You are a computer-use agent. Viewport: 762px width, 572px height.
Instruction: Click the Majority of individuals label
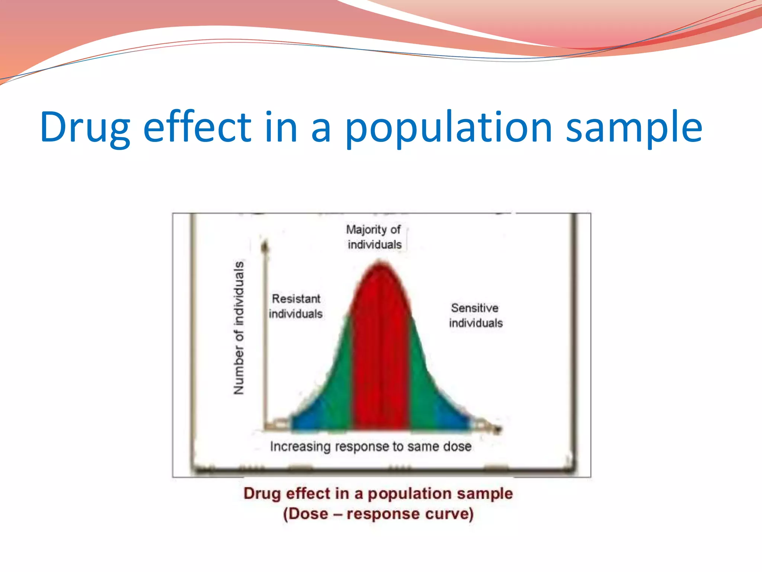(374, 237)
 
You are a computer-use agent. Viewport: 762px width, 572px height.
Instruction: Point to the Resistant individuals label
(296, 306)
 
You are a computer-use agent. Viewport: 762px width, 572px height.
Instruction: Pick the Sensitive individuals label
(476, 315)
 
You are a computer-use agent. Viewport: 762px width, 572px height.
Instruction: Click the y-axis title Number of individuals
(238, 328)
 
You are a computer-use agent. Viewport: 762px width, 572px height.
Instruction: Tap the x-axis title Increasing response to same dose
(371, 446)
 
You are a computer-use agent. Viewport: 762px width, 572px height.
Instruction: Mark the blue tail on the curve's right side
(452, 417)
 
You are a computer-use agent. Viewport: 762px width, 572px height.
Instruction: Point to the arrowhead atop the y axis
(265, 246)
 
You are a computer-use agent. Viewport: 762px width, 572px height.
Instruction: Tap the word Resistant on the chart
(296, 299)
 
